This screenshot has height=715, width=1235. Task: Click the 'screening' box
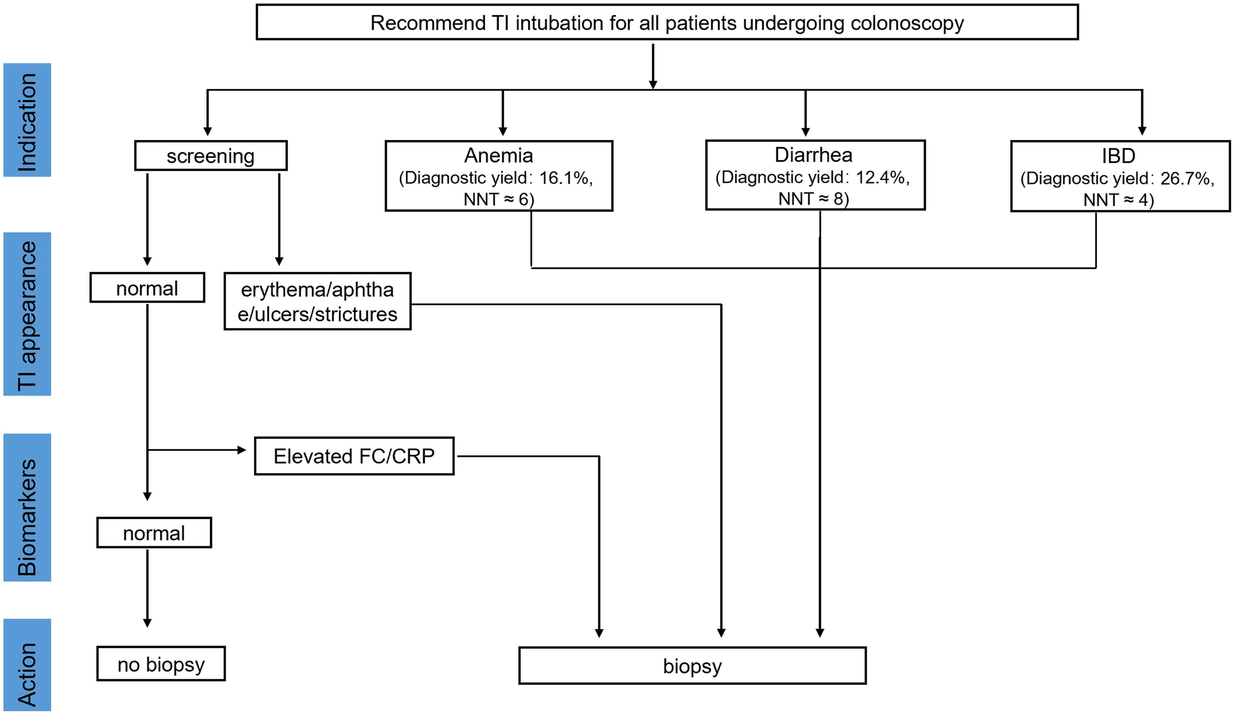click(x=211, y=156)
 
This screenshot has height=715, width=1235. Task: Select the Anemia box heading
click(x=499, y=155)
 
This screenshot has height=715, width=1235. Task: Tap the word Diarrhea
click(x=814, y=155)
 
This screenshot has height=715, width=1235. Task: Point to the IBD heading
click(x=1118, y=156)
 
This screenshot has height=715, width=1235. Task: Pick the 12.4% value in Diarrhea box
click(x=880, y=177)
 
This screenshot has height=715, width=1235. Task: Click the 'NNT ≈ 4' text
click(x=1118, y=200)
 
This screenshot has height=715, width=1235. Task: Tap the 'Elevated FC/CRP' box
click(x=354, y=456)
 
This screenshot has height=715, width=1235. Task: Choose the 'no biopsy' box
click(x=161, y=664)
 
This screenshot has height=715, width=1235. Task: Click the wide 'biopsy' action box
click(x=692, y=665)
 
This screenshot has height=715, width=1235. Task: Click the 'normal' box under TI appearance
click(x=147, y=288)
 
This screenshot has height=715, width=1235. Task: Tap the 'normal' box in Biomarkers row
click(x=154, y=533)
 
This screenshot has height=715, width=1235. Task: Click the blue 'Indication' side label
click(x=27, y=120)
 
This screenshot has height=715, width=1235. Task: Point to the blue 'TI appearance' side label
click(x=27, y=314)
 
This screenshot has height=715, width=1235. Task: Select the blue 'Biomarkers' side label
click(x=27, y=508)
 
